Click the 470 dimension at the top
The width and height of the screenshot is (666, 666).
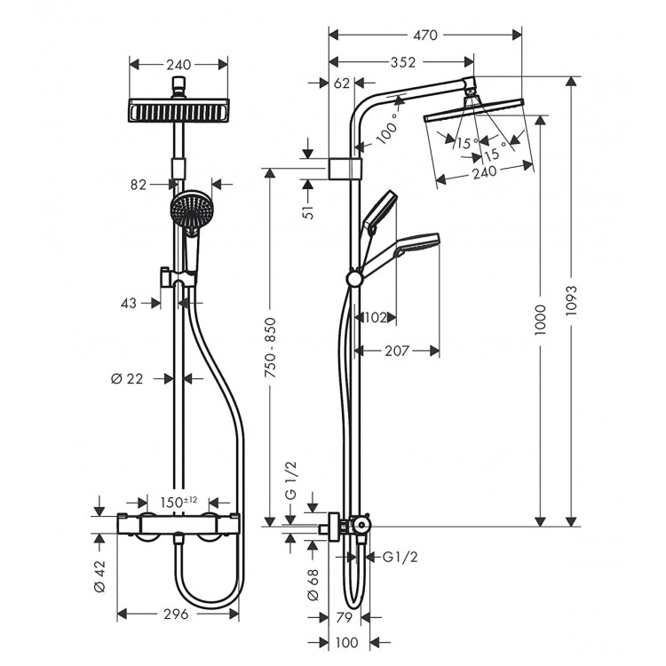tap(424, 36)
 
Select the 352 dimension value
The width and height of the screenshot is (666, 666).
tap(400, 62)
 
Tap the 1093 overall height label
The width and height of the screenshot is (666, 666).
tap(572, 302)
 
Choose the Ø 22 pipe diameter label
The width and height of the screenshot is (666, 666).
tap(128, 378)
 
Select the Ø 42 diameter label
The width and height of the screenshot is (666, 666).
tap(99, 574)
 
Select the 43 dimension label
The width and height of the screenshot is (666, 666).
tap(128, 303)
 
